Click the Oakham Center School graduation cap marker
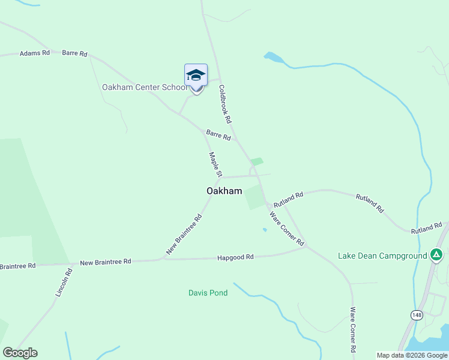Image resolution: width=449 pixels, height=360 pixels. [196, 76]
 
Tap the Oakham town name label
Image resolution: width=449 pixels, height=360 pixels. [224, 191]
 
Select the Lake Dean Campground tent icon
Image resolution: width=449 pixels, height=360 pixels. [437, 255]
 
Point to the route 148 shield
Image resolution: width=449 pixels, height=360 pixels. [416, 314]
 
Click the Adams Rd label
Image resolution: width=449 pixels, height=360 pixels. [34, 53]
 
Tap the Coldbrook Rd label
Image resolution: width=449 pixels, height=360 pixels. [225, 104]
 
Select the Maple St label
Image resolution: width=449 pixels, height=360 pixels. [215, 164]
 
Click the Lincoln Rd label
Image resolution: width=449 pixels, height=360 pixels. [64, 283]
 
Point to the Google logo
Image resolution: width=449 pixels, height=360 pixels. [20, 353]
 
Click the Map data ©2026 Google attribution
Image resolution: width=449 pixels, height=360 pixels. [411, 355]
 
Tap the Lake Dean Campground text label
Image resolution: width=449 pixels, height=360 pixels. [382, 256]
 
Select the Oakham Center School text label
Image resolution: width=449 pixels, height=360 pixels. [145, 87]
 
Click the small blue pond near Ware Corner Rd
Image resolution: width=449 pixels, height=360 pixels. [265, 229]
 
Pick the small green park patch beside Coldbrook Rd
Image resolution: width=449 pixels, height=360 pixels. [257, 161]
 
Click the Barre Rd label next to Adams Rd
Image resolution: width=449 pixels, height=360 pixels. [74, 53]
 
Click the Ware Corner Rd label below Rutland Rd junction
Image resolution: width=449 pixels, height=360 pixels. [287, 229]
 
